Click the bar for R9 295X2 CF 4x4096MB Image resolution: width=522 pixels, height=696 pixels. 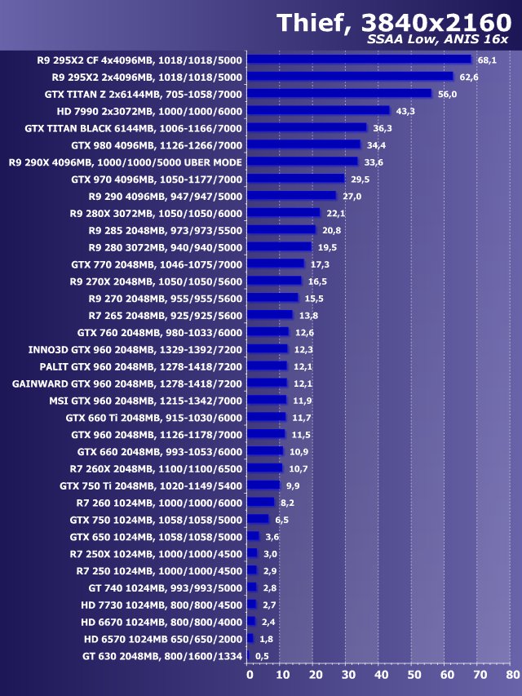(x=359, y=59)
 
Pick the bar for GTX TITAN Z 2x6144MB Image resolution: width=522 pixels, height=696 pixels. (x=339, y=93)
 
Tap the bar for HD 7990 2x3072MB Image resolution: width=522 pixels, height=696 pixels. (x=318, y=110)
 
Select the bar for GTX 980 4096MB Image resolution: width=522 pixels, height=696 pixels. (x=303, y=144)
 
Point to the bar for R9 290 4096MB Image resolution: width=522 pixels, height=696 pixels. (x=291, y=196)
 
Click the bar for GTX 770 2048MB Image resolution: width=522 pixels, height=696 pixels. (x=275, y=264)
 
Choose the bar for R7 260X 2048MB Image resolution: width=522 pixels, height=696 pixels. (x=264, y=468)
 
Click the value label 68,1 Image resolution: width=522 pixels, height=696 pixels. (x=488, y=60)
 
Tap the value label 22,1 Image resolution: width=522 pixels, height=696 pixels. (x=335, y=213)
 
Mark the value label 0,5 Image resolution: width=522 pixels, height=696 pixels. (x=262, y=655)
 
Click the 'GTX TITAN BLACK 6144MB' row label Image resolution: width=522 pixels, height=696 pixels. (x=134, y=127)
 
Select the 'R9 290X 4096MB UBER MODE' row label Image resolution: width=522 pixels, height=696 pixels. (x=126, y=162)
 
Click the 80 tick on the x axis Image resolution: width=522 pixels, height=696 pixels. (x=512, y=675)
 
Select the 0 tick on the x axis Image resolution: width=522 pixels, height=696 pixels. (x=250, y=675)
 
